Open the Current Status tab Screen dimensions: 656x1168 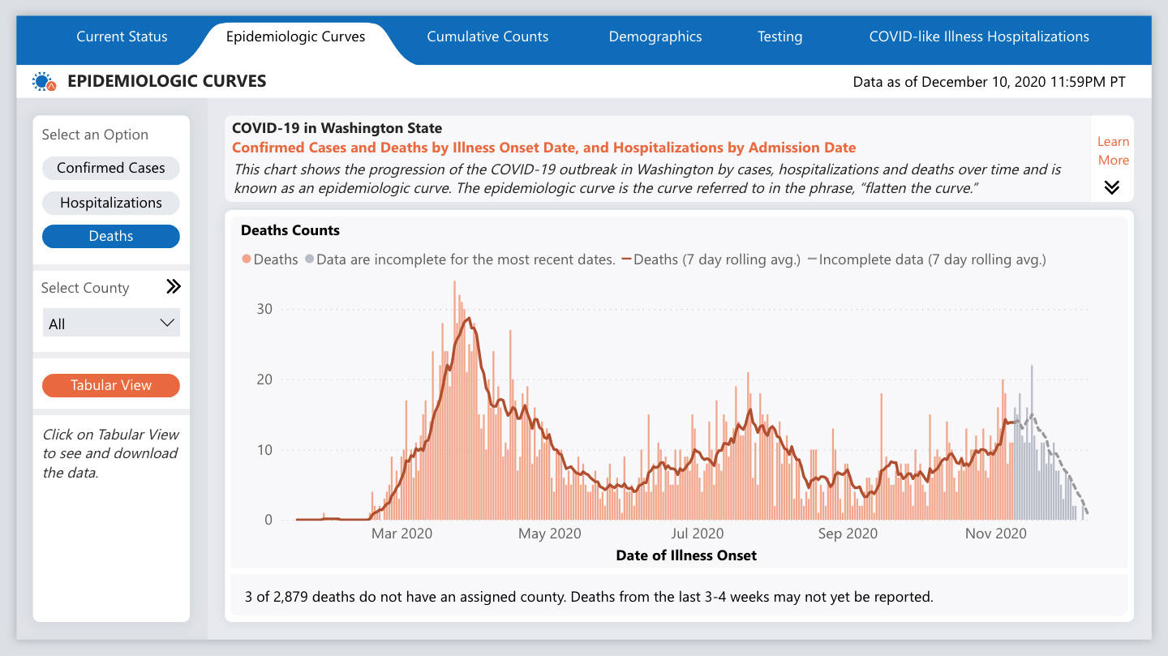(122, 36)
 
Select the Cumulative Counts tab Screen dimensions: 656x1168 (487, 36)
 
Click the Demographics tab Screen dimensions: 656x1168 (655, 36)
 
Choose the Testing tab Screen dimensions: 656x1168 (779, 36)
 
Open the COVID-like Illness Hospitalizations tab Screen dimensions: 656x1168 (979, 36)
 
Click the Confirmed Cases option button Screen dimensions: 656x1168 (111, 168)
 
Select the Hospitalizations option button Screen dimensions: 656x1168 (111, 203)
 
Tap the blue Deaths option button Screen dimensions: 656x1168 (111, 236)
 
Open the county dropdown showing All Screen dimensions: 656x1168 (111, 324)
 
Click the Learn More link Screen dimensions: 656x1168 (1113, 151)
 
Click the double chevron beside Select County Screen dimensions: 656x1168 (173, 287)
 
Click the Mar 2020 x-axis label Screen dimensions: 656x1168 (401, 534)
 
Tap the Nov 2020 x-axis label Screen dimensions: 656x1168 (995, 534)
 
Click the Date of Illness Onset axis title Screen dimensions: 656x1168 (686, 555)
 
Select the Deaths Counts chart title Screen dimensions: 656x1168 (290, 230)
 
